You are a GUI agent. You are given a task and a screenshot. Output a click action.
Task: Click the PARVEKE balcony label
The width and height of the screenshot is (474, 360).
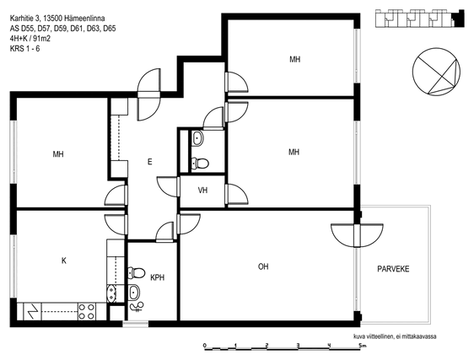393,269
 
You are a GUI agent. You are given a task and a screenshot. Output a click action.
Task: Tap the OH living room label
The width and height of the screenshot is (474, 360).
263,266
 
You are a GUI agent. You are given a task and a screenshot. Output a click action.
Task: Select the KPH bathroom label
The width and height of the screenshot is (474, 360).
158,277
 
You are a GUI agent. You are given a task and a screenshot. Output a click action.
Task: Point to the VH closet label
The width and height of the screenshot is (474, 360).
202,191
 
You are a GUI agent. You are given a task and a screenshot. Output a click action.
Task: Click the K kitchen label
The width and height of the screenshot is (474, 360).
64,261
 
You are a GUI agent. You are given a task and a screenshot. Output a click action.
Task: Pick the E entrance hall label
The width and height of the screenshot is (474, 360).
149,162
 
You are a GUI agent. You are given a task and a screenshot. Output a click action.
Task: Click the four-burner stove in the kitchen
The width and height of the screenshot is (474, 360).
86,311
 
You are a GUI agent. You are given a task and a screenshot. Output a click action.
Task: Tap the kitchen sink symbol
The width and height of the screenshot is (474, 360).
111,293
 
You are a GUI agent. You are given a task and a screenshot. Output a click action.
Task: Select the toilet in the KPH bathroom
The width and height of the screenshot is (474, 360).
137,272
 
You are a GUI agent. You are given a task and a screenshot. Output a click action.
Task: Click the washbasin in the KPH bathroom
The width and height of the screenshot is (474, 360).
134,293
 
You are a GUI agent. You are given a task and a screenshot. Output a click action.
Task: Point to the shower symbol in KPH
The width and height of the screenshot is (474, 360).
137,307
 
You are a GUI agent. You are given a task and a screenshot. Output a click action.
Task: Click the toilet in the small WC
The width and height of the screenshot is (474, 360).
200,164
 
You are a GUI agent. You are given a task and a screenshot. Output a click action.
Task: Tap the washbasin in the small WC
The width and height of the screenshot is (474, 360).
197,138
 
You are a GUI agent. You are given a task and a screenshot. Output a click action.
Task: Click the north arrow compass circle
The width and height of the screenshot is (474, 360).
436,72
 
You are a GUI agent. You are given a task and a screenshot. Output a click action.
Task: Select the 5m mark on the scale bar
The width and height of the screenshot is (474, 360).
362,345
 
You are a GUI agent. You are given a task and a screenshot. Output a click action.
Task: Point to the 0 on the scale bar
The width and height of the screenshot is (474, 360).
205,345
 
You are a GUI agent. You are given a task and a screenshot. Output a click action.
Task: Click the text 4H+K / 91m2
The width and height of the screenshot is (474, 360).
30,39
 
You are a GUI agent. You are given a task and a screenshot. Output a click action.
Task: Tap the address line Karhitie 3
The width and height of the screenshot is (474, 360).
57,19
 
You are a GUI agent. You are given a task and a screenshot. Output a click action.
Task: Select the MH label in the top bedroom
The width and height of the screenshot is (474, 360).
294,59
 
